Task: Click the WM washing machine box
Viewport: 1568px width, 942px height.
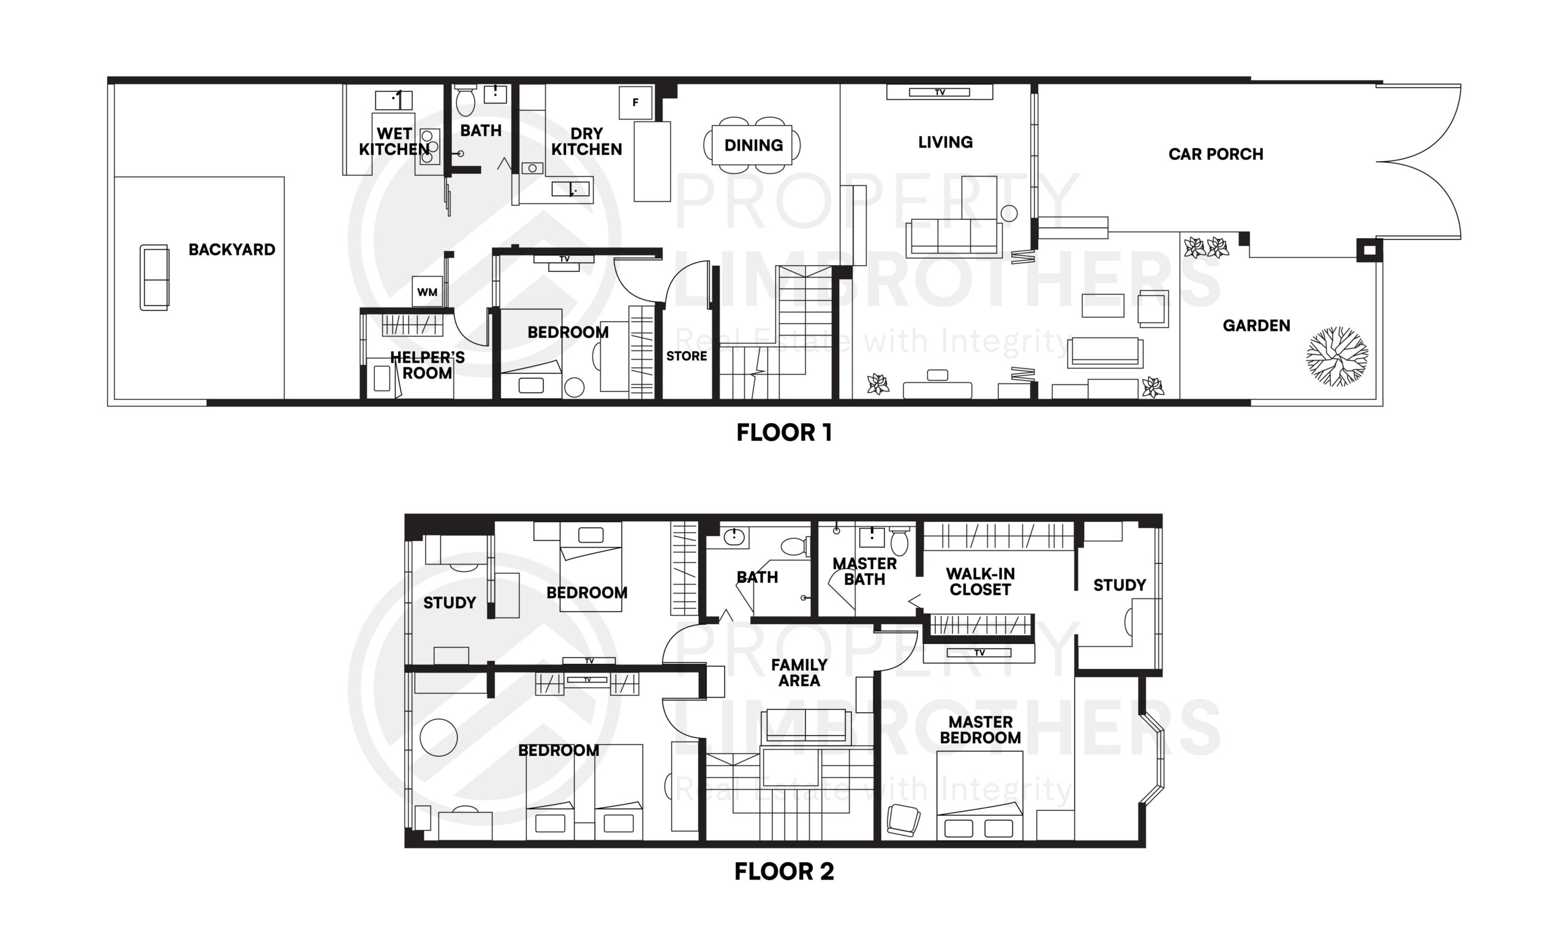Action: pos(426,292)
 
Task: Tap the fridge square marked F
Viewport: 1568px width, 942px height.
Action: pos(635,103)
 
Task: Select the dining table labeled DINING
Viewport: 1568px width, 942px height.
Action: pos(752,145)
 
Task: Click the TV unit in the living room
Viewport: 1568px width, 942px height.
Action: pos(939,92)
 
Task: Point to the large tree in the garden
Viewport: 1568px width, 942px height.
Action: pos(1336,356)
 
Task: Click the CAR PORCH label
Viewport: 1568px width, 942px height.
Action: pos(1215,154)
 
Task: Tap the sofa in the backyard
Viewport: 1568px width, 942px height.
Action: pos(154,277)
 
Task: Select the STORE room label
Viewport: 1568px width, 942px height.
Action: pos(686,356)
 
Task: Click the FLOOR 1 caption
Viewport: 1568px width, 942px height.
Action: pos(783,433)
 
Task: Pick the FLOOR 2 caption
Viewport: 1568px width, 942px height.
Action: pos(783,872)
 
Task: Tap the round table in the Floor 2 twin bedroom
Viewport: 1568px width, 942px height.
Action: pos(439,737)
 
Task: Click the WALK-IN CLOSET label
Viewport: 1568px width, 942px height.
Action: pos(979,581)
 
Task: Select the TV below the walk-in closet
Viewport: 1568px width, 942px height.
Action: pos(978,652)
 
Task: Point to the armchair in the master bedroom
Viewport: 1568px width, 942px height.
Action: pos(903,820)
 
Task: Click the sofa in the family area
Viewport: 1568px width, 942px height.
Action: pos(806,726)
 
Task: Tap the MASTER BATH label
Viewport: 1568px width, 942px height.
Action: pos(864,571)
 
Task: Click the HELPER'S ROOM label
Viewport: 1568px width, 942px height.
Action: pos(428,365)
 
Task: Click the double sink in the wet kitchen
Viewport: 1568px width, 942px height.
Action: pos(430,146)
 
